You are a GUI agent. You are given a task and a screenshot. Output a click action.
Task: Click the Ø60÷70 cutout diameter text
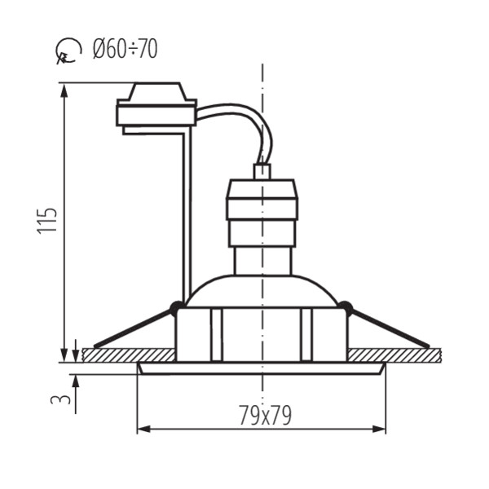pos(125,49)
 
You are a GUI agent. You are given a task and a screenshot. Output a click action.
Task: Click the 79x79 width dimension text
pos(265,415)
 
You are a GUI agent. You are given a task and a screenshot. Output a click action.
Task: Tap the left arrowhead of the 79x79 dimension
pos(143,430)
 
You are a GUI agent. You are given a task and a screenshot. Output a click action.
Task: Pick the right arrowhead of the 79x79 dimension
pos(379,430)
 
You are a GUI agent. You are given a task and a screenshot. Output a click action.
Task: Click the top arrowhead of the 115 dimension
pos(64,91)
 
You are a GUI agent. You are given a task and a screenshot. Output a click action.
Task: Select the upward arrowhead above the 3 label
pos(76,381)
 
